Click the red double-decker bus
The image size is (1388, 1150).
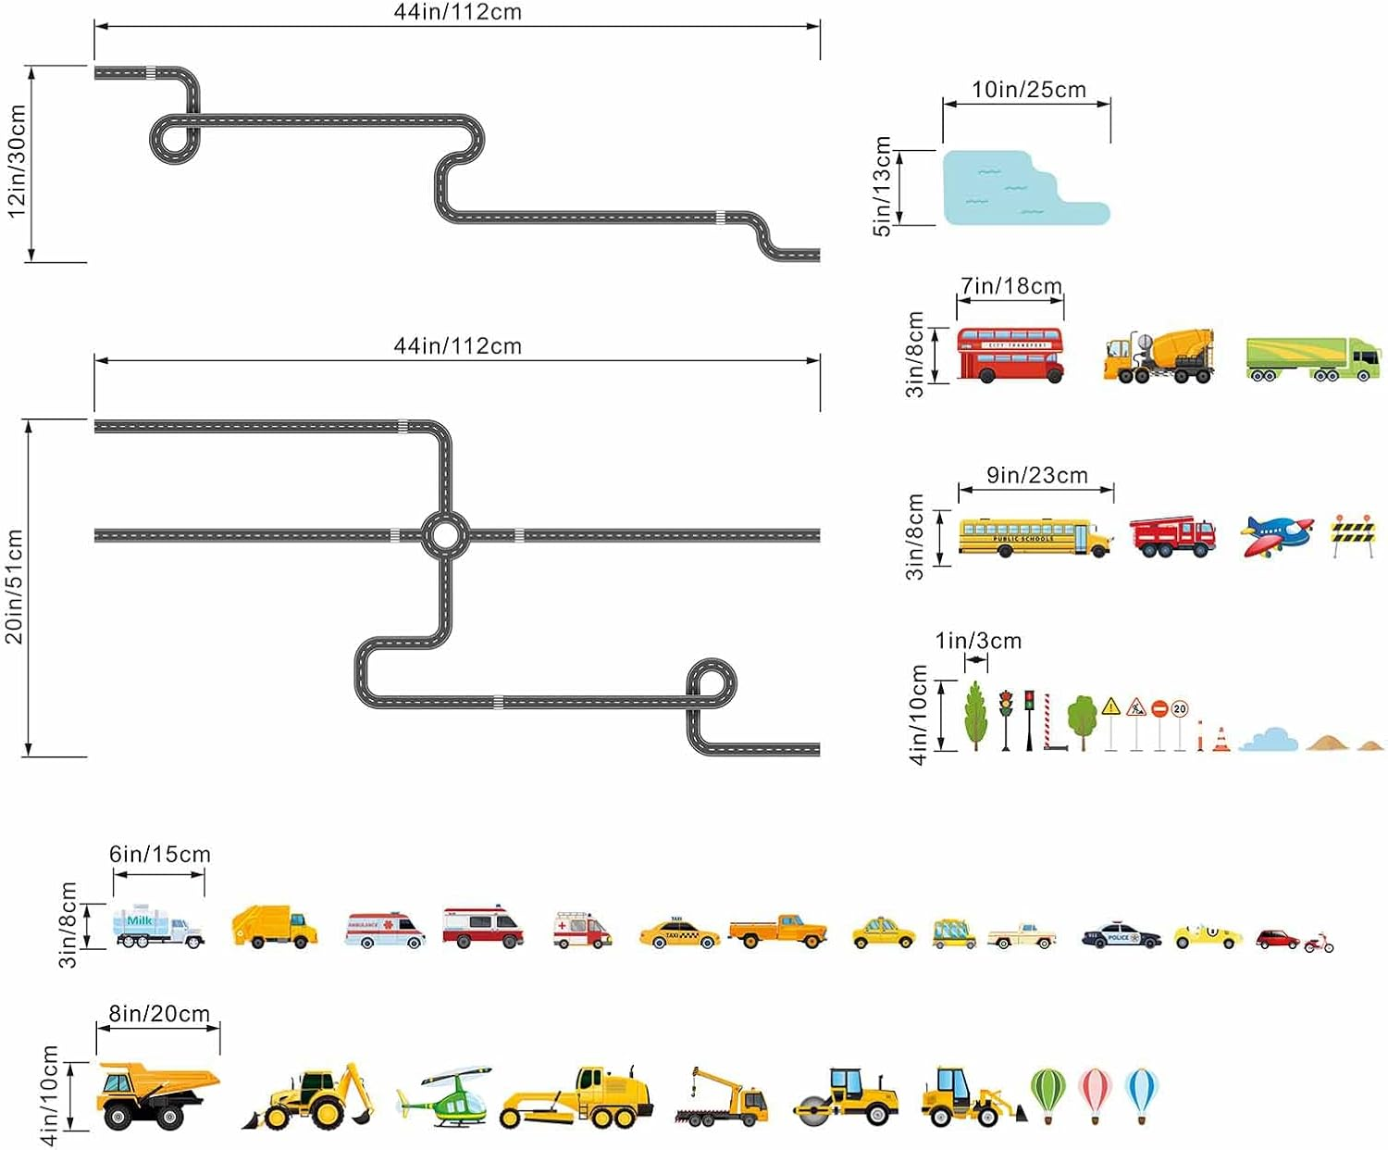coord(1010,354)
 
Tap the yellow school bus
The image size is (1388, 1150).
coord(1035,538)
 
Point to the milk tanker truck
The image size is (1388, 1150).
coord(157,926)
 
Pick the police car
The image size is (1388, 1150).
coord(1121,936)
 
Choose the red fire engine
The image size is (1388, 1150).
coord(1172,536)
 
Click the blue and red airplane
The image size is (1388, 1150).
coord(1276,536)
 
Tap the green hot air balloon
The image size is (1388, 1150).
coord(1048,1094)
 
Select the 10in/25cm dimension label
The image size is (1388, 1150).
coord(1028,90)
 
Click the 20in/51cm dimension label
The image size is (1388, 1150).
coord(15,586)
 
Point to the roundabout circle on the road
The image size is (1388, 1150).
coord(444,534)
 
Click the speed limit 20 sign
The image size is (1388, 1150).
coord(1179,709)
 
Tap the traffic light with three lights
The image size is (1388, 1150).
coord(1006,704)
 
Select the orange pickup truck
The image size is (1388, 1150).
coord(777,930)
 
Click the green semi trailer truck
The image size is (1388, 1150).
coord(1313,358)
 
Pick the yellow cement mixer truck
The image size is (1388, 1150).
coord(1159,356)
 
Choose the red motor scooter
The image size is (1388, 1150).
coord(1319,943)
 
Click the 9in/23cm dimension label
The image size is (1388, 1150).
coord(1036,476)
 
